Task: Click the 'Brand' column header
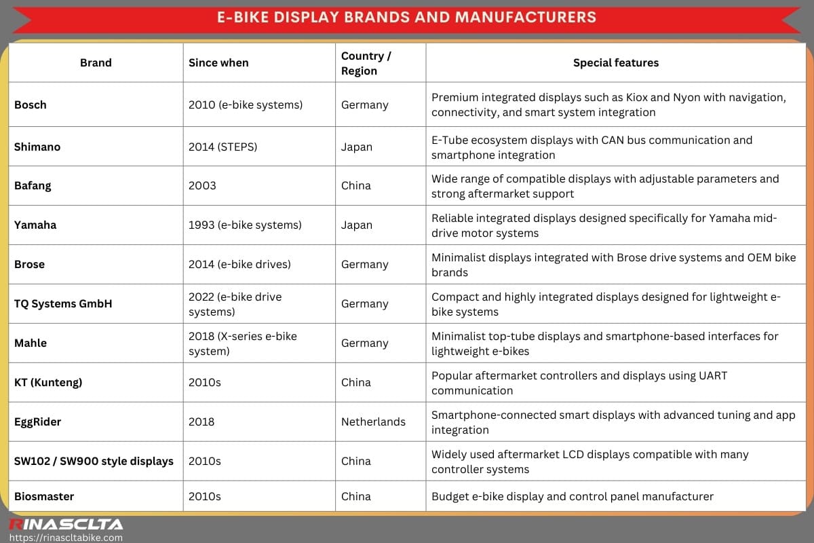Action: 96,63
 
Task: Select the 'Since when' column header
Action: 218,63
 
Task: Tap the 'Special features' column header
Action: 615,63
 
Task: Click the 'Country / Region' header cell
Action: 366,63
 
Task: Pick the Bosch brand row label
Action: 31,105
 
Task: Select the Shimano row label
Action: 37,147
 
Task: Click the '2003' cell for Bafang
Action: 202,186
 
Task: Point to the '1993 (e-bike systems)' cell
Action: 245,225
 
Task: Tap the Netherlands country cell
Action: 373,422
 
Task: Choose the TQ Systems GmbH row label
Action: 63,304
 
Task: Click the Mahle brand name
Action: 31,343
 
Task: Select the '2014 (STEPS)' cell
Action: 222,147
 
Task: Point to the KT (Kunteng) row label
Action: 48,383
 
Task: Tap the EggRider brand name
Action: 38,422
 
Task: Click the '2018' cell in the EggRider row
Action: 201,422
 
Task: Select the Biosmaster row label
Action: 44,497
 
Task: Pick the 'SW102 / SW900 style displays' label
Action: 94,462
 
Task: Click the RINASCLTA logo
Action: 66,524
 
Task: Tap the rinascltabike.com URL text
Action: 66,538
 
